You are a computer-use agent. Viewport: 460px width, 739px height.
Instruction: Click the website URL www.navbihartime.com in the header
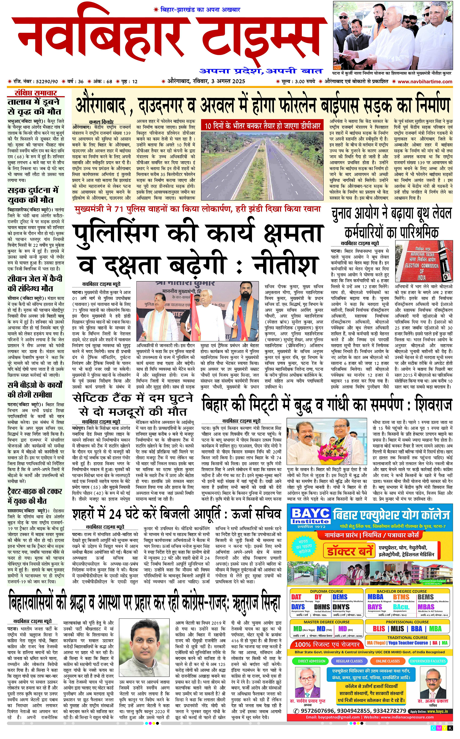click(x=425, y=81)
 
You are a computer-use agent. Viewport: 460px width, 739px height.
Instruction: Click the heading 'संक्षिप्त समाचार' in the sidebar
click(x=36, y=93)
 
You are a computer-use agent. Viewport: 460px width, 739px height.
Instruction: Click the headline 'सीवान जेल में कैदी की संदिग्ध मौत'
click(x=35, y=283)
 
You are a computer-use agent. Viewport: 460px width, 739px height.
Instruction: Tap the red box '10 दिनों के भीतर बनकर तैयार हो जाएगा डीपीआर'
click(x=262, y=126)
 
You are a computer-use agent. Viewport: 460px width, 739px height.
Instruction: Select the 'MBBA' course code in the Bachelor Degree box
click(x=375, y=597)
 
